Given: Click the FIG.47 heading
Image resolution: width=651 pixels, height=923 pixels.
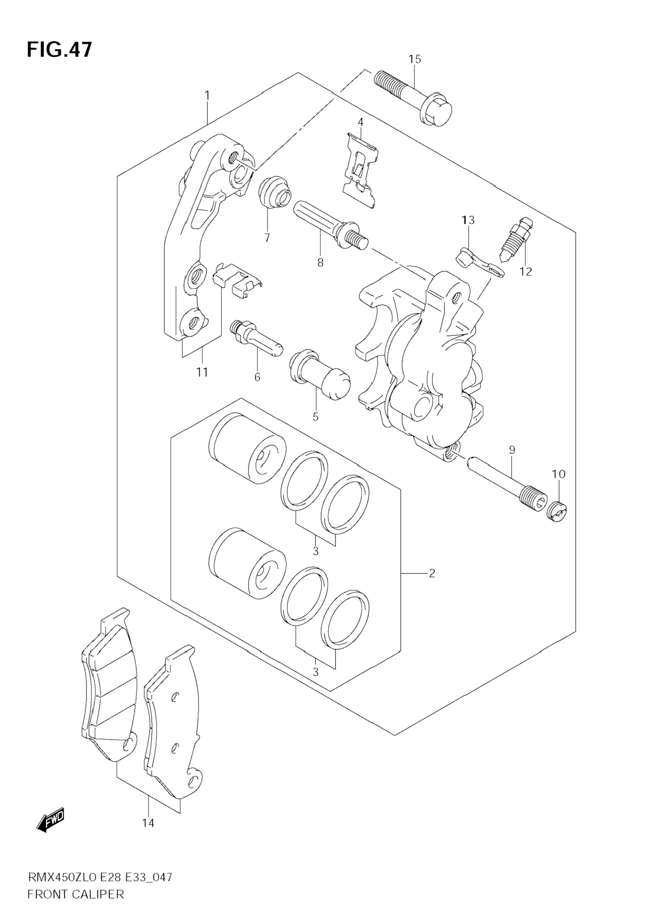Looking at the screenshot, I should click(x=60, y=50).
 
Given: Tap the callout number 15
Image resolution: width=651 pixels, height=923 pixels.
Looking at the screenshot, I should click(x=415, y=60).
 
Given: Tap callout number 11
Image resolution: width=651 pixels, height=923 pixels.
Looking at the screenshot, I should click(x=202, y=372).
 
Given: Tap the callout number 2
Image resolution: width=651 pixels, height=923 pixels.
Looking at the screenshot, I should click(x=432, y=573).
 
